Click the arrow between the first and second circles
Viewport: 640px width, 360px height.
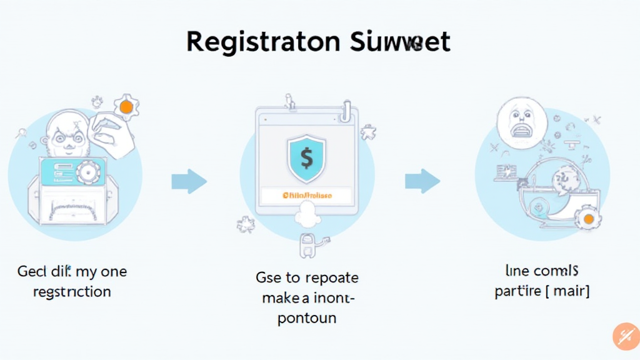coord(189,181)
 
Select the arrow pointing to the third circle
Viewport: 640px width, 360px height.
coord(422,181)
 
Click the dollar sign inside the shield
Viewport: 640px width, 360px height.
coord(306,158)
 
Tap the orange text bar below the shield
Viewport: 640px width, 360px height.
coord(307,196)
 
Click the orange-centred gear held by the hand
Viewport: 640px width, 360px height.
coord(126,107)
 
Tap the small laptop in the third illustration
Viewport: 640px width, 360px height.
coord(506,172)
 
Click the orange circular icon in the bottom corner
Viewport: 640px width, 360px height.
coord(626,336)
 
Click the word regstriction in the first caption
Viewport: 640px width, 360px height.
coord(64,291)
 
